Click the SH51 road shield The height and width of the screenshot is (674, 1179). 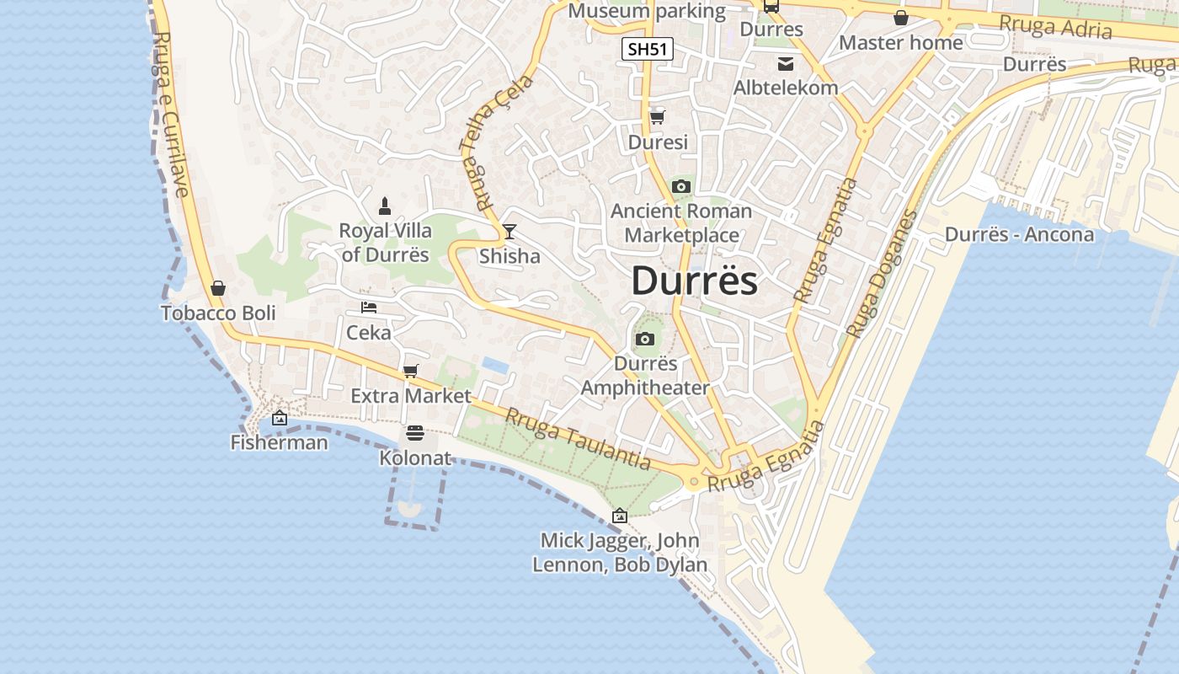tap(648, 49)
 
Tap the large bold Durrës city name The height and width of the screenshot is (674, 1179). tap(694, 281)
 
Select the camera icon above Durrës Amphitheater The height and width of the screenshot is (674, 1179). tap(645, 340)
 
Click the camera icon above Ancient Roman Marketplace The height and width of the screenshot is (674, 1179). tap(681, 186)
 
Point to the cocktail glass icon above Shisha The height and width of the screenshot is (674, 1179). tap(509, 231)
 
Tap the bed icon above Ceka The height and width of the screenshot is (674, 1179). tap(369, 308)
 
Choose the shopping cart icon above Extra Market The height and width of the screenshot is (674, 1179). tap(411, 371)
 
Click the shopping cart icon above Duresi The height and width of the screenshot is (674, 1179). tap(657, 117)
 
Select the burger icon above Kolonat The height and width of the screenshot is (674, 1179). tap(414, 433)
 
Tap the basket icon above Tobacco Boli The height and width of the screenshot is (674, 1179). tap(218, 288)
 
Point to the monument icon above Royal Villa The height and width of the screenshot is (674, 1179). tap(385, 206)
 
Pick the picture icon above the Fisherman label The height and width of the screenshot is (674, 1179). tap(280, 418)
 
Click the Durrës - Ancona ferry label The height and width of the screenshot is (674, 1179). tap(1019, 234)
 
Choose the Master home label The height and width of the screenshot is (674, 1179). tap(901, 42)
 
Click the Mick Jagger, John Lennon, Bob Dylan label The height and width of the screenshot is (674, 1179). tap(620, 553)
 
